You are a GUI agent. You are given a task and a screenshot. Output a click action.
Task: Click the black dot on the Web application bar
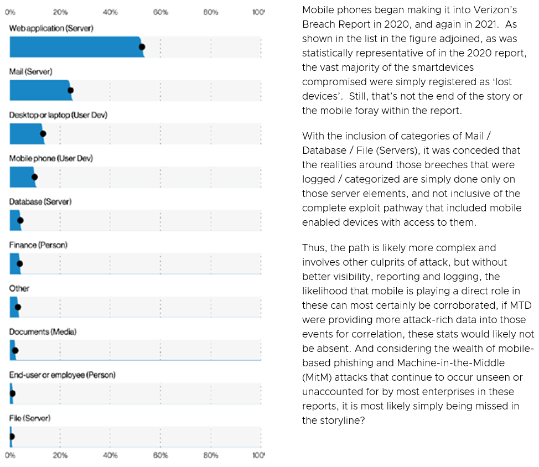pyautogui.click(x=142, y=47)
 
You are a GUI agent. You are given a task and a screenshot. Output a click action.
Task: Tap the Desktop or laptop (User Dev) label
pyautogui.click(x=58, y=115)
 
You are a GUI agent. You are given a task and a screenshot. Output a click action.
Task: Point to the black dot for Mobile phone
pyautogui.click(x=34, y=177)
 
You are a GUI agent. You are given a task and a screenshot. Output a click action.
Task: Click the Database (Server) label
pyautogui.click(x=40, y=202)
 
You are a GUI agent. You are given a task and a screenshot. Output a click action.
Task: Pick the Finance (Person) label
pyautogui.click(x=38, y=245)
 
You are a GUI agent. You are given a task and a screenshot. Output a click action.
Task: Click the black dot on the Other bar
pyautogui.click(x=18, y=307)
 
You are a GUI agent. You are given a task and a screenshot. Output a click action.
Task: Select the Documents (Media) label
pyautogui.click(x=43, y=332)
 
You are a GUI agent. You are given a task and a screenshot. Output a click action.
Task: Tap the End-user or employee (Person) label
pyautogui.click(x=63, y=375)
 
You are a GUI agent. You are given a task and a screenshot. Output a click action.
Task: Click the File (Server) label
pyautogui.click(x=30, y=418)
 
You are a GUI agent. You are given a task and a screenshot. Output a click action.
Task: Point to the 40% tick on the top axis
pyautogui.click(x=110, y=12)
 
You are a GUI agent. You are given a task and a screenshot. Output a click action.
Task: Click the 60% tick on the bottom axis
pyautogui.click(x=160, y=455)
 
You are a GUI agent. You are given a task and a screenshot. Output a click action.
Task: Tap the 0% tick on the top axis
pyautogui.click(x=10, y=12)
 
